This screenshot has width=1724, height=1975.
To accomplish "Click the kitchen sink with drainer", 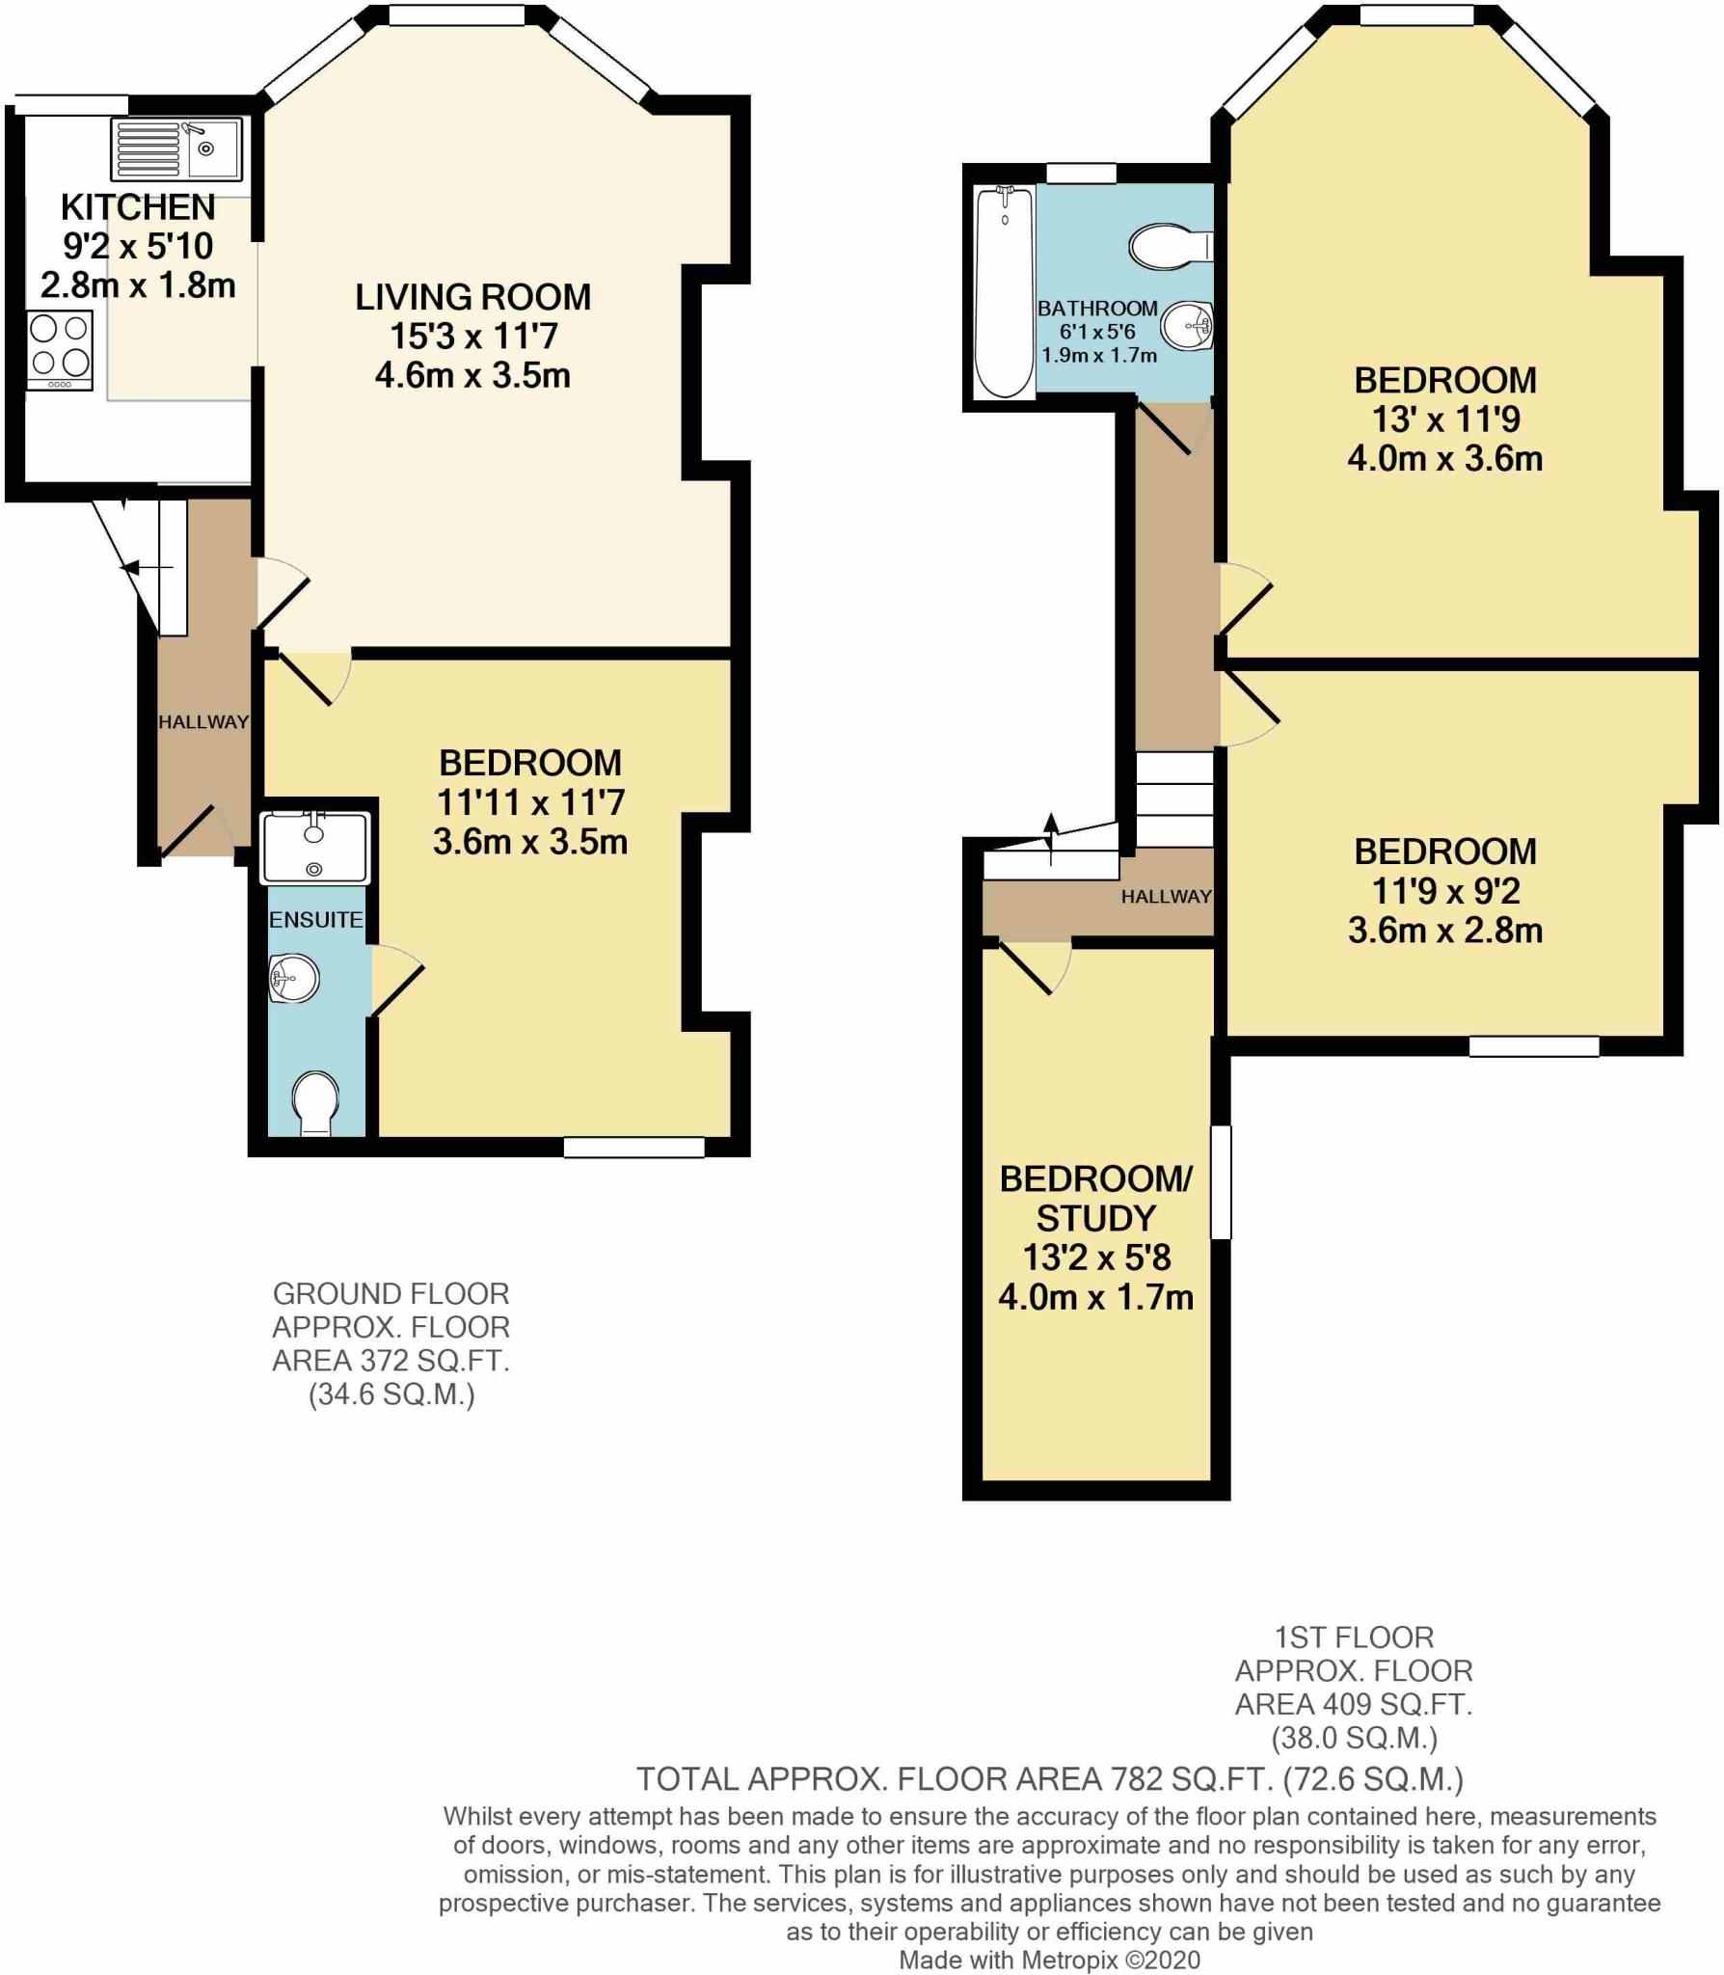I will [176, 149].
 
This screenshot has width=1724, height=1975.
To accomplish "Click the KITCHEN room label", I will [138, 207].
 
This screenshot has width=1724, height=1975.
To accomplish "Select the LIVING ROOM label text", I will [472, 297].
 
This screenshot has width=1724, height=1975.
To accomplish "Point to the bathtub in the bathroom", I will [1004, 292].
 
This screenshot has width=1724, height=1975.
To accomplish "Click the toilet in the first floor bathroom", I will [1168, 246].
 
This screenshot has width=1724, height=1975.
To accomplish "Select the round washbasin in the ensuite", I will [294, 980].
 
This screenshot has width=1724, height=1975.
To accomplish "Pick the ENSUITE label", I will [315, 919].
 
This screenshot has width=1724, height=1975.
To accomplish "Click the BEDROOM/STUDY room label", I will [1096, 1199].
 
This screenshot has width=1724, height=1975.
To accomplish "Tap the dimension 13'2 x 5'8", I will [1096, 1258].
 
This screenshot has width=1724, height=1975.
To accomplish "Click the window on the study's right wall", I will [1221, 1181].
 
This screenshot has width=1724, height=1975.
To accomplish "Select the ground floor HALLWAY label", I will [202, 721].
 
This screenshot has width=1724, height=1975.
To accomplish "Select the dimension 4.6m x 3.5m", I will [472, 375].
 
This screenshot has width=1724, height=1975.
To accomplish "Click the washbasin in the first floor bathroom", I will [1186, 326].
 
